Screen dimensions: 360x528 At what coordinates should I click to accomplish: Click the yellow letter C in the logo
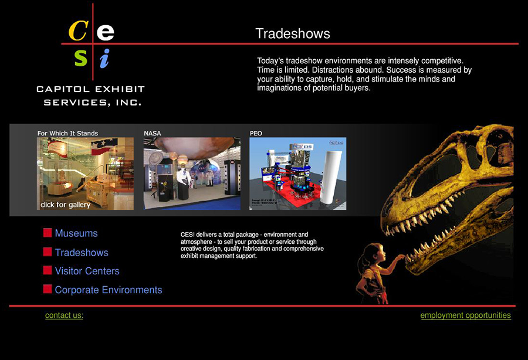pos(79,30)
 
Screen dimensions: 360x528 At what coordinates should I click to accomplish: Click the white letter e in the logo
pos(105,31)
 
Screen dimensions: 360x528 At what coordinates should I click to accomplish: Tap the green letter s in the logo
pos(80,58)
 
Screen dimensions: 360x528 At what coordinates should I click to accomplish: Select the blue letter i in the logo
pos(104,58)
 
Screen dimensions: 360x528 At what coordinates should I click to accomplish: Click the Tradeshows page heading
pos(292,33)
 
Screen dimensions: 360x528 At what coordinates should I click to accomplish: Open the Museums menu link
pos(76,233)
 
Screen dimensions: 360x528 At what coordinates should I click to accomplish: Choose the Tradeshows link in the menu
pos(81,253)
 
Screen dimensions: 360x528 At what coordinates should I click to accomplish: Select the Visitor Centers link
pos(87,271)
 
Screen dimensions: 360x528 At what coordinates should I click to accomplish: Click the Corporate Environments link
pos(108,290)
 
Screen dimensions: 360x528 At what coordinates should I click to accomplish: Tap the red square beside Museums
pos(48,233)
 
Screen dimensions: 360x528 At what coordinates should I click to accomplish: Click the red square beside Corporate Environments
pos(48,289)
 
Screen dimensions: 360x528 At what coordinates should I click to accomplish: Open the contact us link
pos(64,315)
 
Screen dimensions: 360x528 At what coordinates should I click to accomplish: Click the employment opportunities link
pos(465,315)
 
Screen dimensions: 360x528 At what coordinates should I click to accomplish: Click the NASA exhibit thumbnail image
pos(192,174)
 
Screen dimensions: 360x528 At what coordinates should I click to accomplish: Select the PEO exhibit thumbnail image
pos(297,174)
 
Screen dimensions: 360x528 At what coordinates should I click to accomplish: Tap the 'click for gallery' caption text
pos(65,205)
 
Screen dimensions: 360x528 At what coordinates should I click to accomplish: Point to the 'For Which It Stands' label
pos(67,133)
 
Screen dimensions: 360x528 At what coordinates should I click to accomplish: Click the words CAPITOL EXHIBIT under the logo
pos(90,89)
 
